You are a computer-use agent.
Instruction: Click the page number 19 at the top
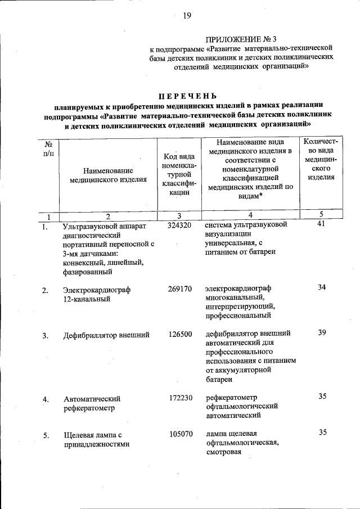coord(187,16)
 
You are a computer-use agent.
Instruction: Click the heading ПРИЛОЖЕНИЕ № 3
coord(241,39)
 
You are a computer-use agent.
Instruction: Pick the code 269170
coord(180,289)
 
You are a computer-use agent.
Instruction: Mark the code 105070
coord(180,434)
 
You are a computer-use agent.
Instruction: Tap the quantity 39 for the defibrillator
coord(322,332)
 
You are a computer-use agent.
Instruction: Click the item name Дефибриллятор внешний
coord(106,335)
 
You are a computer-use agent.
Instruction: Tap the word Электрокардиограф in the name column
coord(97,290)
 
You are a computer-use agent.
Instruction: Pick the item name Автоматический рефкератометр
coord(92,403)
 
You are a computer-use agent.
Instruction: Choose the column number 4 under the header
coord(250,215)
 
